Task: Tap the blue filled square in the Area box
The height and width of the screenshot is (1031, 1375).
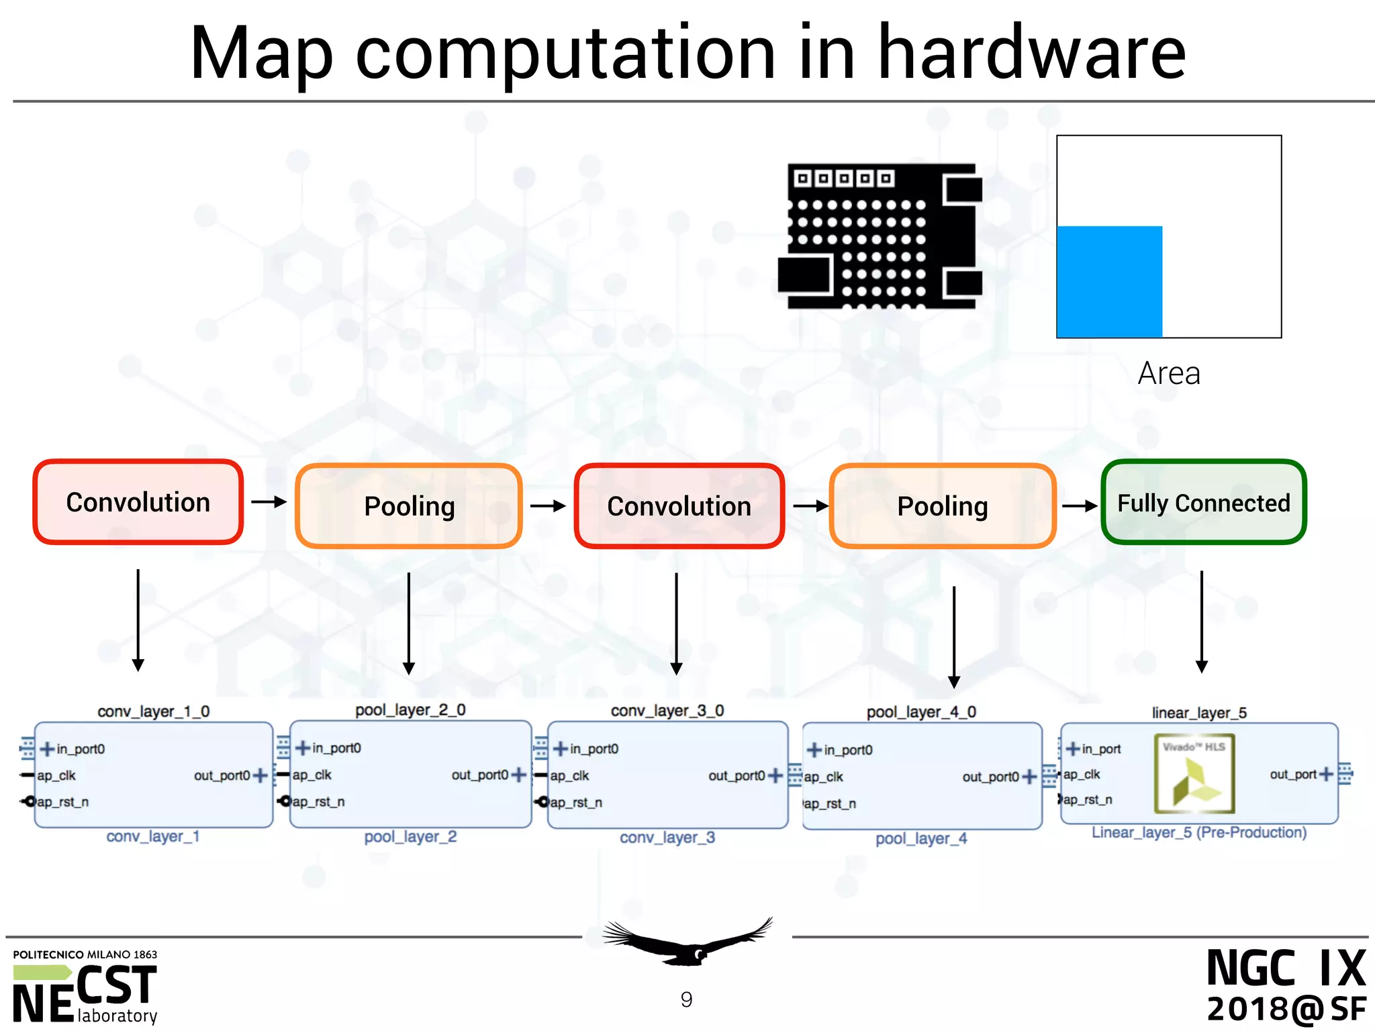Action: coord(1109,281)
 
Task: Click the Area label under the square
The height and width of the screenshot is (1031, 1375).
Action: coord(1168,373)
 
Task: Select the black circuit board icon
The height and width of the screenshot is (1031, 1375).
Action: coord(880,236)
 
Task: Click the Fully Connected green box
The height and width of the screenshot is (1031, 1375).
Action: coord(1203,502)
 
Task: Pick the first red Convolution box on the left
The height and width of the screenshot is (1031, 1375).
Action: coord(138,502)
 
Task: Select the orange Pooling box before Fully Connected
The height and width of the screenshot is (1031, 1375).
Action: coord(942,506)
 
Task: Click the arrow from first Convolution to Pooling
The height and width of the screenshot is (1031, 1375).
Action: coord(269,501)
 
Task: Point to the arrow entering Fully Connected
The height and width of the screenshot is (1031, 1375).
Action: coord(1079,505)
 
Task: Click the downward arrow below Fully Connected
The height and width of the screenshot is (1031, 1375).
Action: coord(1201,621)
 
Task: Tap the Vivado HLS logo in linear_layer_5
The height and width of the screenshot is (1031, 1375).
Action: coord(1194,774)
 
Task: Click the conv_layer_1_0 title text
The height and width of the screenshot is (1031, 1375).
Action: coord(153,711)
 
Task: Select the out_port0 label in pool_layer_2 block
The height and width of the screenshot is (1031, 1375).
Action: coord(479,775)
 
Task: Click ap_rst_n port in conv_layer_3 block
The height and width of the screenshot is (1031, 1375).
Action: coord(575,802)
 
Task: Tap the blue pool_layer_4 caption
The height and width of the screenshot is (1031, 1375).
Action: coord(920,838)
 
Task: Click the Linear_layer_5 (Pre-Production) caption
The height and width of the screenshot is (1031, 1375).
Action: coord(1198,832)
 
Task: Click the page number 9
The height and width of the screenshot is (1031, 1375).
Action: coord(686,999)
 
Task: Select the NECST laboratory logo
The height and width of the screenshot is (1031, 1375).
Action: coord(85,987)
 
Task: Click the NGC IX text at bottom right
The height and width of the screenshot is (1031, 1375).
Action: coord(1285,968)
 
